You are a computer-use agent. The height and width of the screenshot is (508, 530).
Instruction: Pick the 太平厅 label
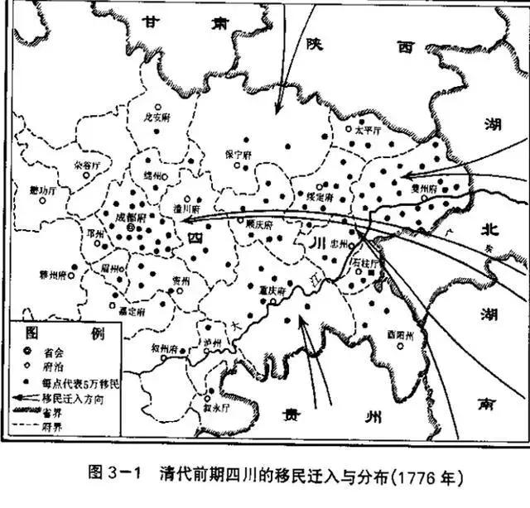[365, 130]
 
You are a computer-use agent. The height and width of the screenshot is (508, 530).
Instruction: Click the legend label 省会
[59, 351]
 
